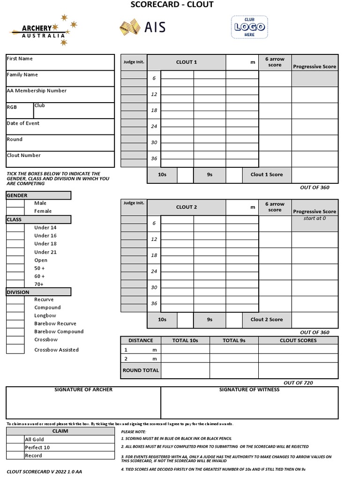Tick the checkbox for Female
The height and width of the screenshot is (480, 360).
tap(15, 211)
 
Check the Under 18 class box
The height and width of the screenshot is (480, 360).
tap(15, 244)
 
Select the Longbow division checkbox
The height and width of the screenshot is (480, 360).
tap(15, 316)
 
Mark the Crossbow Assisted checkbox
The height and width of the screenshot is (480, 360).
tap(15, 349)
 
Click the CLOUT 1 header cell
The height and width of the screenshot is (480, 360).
tap(187, 62)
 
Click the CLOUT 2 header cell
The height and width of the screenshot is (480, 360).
tap(187, 207)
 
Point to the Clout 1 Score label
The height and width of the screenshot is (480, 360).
tap(266, 175)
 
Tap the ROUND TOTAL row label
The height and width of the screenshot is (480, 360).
tap(141, 370)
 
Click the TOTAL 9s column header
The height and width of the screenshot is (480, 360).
tap(233, 340)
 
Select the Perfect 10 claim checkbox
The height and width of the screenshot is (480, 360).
tap(15, 447)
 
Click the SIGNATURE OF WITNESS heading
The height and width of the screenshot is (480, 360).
tap(249, 390)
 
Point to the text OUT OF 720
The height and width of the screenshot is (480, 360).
tap(298, 383)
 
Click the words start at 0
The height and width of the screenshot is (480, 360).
tap(315, 218)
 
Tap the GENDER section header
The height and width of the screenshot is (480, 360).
tap(38, 195)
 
